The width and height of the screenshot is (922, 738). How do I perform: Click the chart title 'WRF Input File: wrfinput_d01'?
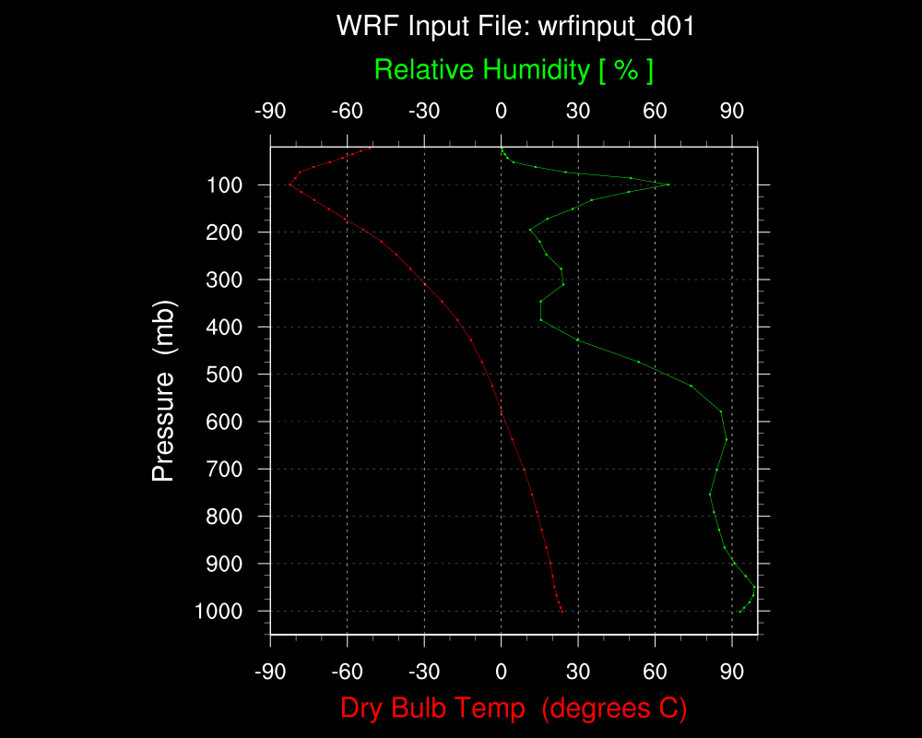(x=515, y=26)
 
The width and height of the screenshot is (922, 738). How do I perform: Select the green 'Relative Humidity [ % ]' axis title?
(x=514, y=69)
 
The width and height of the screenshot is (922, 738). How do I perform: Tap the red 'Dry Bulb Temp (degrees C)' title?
(x=514, y=708)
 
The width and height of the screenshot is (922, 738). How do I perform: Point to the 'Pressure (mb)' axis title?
(x=164, y=390)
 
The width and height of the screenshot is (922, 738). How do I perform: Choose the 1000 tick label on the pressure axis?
(x=220, y=611)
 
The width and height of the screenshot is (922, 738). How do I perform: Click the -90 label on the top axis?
(x=270, y=112)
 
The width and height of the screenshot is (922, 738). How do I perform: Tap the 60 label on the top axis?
(x=655, y=112)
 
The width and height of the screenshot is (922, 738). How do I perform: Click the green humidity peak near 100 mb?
(x=668, y=184)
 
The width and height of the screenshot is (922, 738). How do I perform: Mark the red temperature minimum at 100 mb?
(x=290, y=184)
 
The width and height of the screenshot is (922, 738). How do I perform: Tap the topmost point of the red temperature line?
(x=372, y=147)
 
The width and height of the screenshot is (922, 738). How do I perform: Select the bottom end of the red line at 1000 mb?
(x=562, y=611)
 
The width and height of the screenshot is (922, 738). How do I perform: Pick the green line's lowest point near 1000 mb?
(x=740, y=611)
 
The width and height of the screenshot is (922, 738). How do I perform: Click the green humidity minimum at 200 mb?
(x=529, y=230)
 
